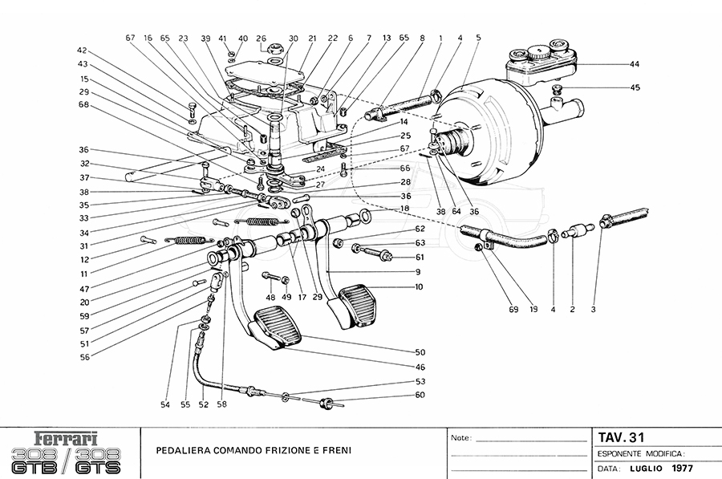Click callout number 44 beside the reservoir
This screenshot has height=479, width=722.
635,63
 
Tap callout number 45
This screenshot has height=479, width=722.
635,87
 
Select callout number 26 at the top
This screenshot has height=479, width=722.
261,38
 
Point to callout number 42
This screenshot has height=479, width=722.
82,51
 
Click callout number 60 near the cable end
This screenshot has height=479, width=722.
420,394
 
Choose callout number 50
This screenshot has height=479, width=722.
420,352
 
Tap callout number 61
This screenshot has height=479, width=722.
420,258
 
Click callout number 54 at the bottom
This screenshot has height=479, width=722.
165,405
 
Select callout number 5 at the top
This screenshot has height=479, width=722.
478,38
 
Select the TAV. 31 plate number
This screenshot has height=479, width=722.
621,437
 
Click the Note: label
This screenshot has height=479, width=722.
460,439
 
